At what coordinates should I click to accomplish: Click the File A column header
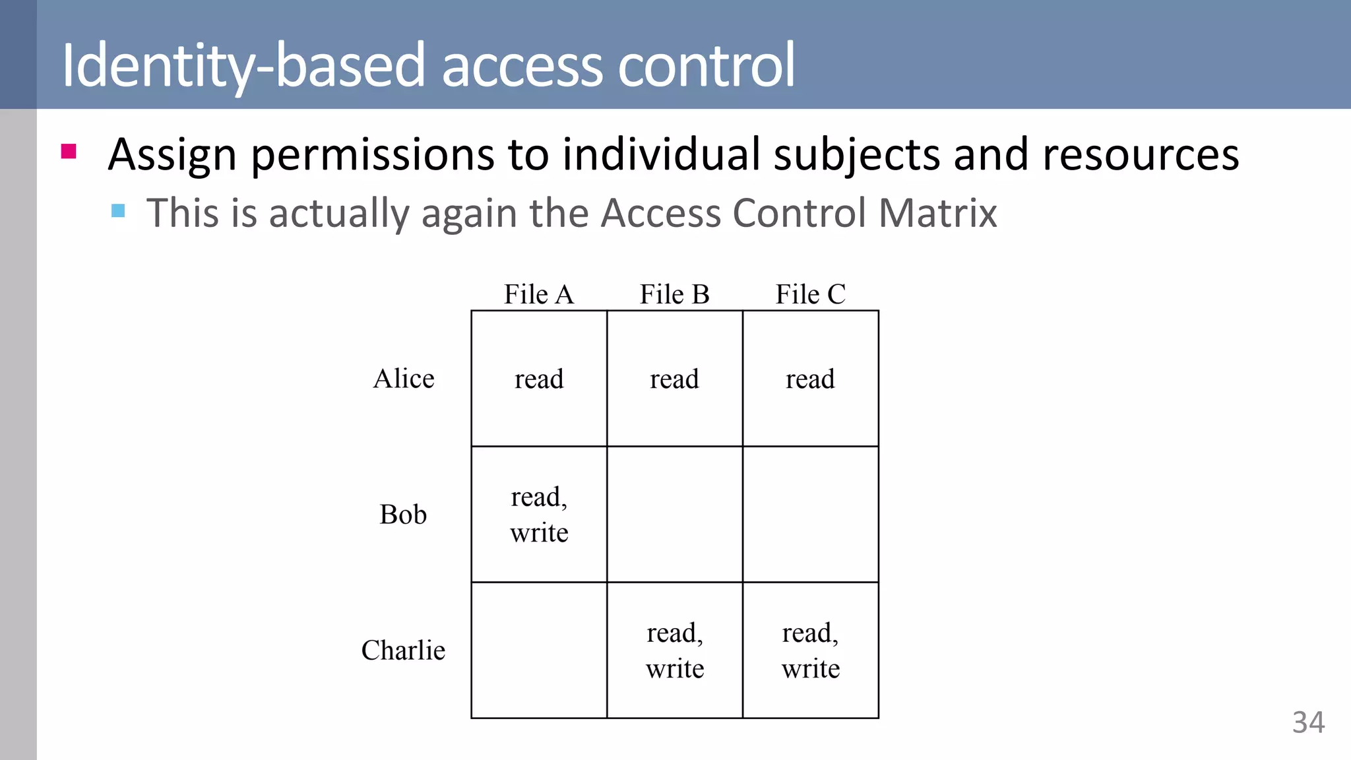click(x=539, y=294)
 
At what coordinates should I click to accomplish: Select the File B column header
click(x=674, y=294)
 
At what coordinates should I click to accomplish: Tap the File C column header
click(x=810, y=294)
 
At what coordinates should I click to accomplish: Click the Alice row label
click(x=404, y=379)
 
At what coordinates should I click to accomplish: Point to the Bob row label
click(x=403, y=515)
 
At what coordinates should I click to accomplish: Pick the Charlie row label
click(x=403, y=650)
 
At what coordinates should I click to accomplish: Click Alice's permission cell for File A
click(x=539, y=379)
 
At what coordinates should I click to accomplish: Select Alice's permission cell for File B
click(x=674, y=379)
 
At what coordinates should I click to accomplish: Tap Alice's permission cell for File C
click(x=810, y=379)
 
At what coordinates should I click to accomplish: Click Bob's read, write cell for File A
click(x=539, y=515)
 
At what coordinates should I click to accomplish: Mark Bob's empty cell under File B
click(x=674, y=515)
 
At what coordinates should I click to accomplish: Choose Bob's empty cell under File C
click(x=810, y=515)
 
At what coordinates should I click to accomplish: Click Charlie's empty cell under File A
click(x=539, y=650)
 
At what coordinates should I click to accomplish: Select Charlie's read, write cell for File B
click(x=674, y=650)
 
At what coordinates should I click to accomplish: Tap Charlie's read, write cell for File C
click(x=810, y=650)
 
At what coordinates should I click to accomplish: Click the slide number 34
click(x=1308, y=722)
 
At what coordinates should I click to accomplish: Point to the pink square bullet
click(x=69, y=152)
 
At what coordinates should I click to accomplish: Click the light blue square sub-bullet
click(x=118, y=210)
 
